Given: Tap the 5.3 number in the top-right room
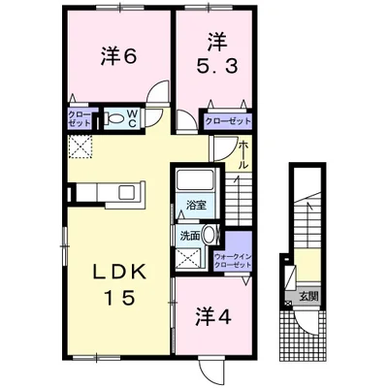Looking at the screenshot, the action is point(217,66).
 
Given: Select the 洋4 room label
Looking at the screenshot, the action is point(213,316).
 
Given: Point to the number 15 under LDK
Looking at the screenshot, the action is point(118,298).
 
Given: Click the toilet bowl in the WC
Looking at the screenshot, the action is point(114,118).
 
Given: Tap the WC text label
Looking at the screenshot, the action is point(134,119).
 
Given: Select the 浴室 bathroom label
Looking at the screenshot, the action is point(196,205).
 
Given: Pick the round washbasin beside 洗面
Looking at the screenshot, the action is point(210,235).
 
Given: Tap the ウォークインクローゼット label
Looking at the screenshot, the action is point(233,261).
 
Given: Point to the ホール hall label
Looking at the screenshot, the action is point(243,155).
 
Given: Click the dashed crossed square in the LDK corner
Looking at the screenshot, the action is point(81,147).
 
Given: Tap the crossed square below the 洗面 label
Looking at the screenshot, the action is point(188,258).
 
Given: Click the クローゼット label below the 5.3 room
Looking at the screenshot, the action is point(228,121).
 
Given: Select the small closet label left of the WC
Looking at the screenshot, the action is point(80,119).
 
